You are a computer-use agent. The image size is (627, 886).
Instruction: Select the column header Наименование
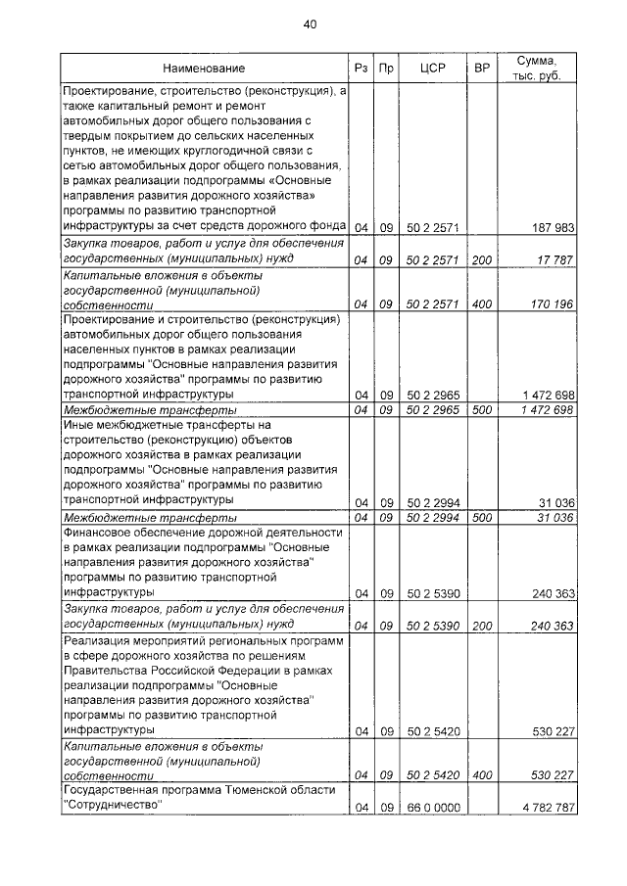click(204, 69)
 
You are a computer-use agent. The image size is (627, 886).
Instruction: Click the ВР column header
click(481, 69)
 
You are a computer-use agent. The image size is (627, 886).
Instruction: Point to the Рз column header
click(360, 69)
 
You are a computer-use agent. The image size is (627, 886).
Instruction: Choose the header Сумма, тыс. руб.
click(535, 69)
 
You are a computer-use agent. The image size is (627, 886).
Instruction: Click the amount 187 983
click(549, 228)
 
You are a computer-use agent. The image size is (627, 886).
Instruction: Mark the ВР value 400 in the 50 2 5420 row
click(481, 775)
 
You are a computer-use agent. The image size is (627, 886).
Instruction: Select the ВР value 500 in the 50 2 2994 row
click(481, 517)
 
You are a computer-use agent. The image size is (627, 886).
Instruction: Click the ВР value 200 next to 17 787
click(481, 259)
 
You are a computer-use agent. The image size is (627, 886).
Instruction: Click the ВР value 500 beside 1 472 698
click(481, 409)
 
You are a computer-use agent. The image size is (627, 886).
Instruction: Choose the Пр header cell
click(386, 69)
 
